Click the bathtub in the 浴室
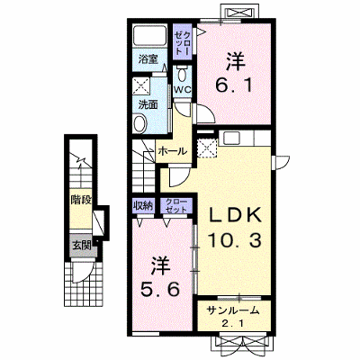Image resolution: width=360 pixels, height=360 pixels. [149, 35]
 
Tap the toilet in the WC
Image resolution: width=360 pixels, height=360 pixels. [182, 74]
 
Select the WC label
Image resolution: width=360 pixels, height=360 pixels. [183, 90]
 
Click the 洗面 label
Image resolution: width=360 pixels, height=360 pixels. [148, 104]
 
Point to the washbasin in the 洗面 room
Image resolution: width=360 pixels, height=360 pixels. [139, 123]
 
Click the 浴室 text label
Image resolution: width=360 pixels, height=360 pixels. [148, 59]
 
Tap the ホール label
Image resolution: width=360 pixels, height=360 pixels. [172, 151]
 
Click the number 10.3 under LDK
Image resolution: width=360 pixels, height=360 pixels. [235, 240]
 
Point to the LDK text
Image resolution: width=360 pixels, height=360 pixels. [235, 215]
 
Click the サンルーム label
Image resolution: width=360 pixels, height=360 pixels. [233, 310]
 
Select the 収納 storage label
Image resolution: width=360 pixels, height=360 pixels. [143, 205]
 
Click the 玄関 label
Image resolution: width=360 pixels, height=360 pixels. [82, 246]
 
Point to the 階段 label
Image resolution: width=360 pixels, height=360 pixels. [81, 200]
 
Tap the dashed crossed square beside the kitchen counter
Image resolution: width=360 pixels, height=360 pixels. [207, 148]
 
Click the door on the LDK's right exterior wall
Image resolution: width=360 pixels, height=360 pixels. [281, 162]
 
